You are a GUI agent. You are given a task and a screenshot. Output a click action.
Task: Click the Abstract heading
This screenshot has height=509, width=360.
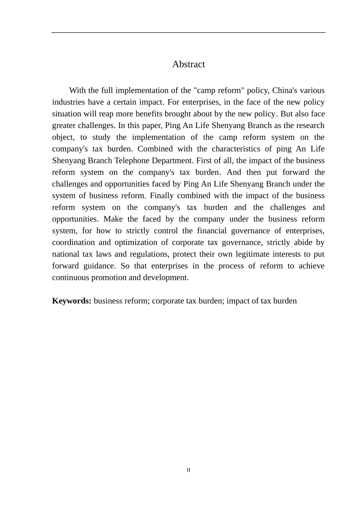(x=188, y=64)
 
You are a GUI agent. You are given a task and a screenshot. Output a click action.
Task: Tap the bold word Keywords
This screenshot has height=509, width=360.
(x=72, y=301)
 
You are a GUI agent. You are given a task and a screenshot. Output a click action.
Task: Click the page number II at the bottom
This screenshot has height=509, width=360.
(x=188, y=470)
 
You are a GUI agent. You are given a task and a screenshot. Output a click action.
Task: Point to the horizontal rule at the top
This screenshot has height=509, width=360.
(x=188, y=33)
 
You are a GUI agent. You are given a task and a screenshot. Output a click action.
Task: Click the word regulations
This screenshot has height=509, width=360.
(x=148, y=254)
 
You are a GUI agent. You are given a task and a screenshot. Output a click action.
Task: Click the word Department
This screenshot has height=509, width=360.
(x=172, y=161)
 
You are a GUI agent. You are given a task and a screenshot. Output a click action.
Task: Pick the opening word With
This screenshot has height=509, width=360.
(x=77, y=91)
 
